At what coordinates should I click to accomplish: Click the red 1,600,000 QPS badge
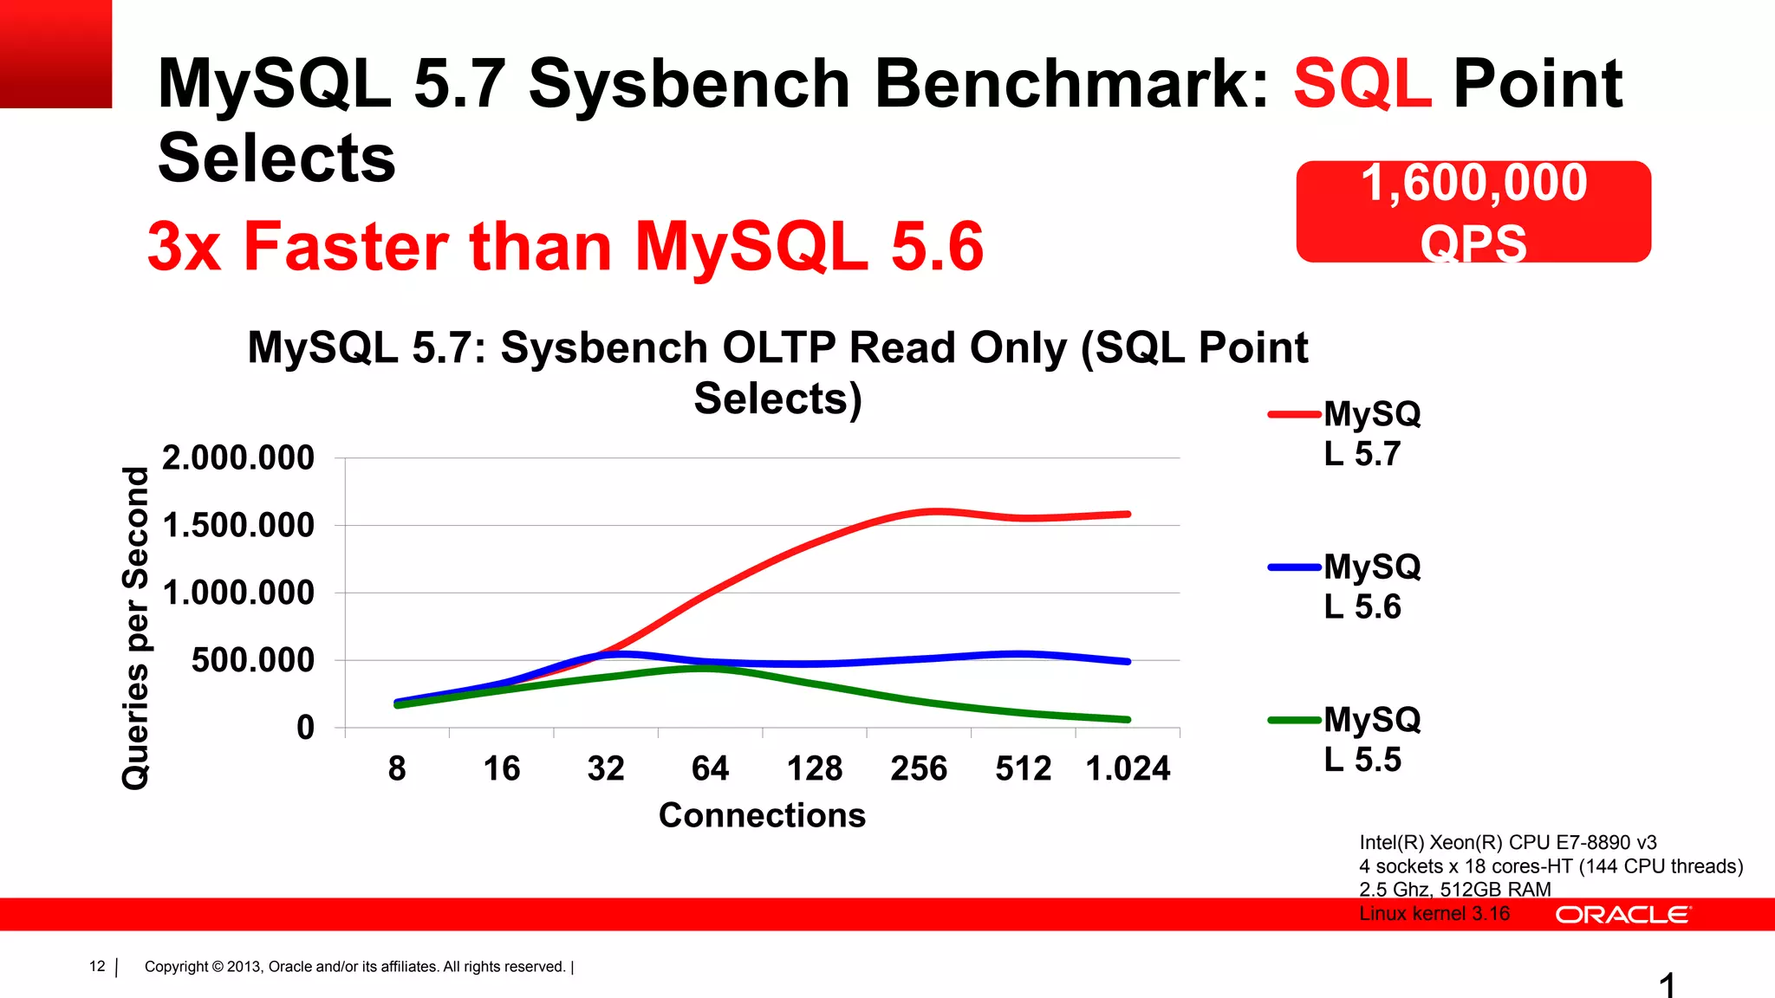pyautogui.click(x=1473, y=211)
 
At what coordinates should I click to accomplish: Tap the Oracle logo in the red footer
pyautogui.click(x=1622, y=915)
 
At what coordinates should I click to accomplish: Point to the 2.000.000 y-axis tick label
pyautogui.click(x=238, y=457)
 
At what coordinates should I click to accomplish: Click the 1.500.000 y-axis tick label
pyautogui.click(x=238, y=525)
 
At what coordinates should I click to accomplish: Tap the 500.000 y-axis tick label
pyautogui.click(x=252, y=660)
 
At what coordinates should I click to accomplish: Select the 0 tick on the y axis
pyautogui.click(x=305, y=728)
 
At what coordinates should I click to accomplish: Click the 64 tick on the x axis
pyautogui.click(x=710, y=768)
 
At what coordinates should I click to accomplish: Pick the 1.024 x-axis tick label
pyautogui.click(x=1128, y=768)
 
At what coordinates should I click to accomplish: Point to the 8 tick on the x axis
pyautogui.click(x=397, y=768)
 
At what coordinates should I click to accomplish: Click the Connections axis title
pyautogui.click(x=762, y=815)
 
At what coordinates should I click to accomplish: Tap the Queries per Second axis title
pyautogui.click(x=136, y=628)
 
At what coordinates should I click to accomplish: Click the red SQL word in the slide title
pyautogui.click(x=1362, y=84)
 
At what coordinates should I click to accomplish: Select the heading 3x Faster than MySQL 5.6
pyautogui.click(x=565, y=247)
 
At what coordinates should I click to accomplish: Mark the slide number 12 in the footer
pyautogui.click(x=97, y=966)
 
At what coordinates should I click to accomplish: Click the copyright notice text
pyautogui.click(x=354, y=967)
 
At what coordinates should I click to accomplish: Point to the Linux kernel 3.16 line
pyautogui.click(x=1434, y=913)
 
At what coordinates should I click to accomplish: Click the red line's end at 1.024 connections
pyautogui.click(x=1128, y=515)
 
